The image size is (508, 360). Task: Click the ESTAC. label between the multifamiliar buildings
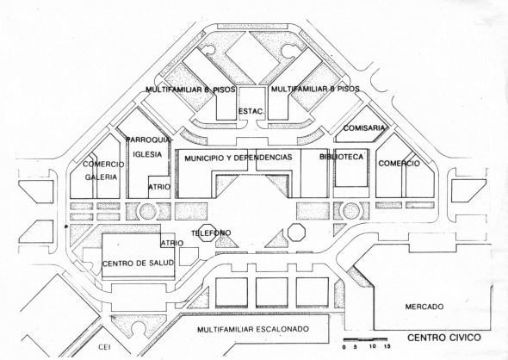click(x=251, y=111)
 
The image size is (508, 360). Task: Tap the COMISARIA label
click(x=364, y=128)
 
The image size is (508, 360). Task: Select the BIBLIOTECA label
click(x=342, y=157)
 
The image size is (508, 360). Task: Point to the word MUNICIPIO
click(x=204, y=158)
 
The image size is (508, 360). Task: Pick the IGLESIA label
click(x=147, y=154)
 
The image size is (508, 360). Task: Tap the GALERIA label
click(x=101, y=177)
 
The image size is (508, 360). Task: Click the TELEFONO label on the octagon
click(x=211, y=233)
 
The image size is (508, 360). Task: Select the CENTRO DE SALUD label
click(x=139, y=264)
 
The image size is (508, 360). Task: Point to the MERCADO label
click(x=424, y=307)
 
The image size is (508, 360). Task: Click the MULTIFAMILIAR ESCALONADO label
click(x=253, y=329)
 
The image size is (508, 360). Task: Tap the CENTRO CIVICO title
click(x=444, y=338)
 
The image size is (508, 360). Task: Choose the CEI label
click(x=105, y=347)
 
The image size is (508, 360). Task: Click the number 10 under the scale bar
click(x=372, y=346)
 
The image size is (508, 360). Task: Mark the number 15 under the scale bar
click(x=387, y=346)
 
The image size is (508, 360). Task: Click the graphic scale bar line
click(x=365, y=339)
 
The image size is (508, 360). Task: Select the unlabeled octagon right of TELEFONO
click(x=296, y=232)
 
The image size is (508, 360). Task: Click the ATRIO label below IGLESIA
click(x=159, y=187)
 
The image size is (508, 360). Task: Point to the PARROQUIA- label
click(x=149, y=140)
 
